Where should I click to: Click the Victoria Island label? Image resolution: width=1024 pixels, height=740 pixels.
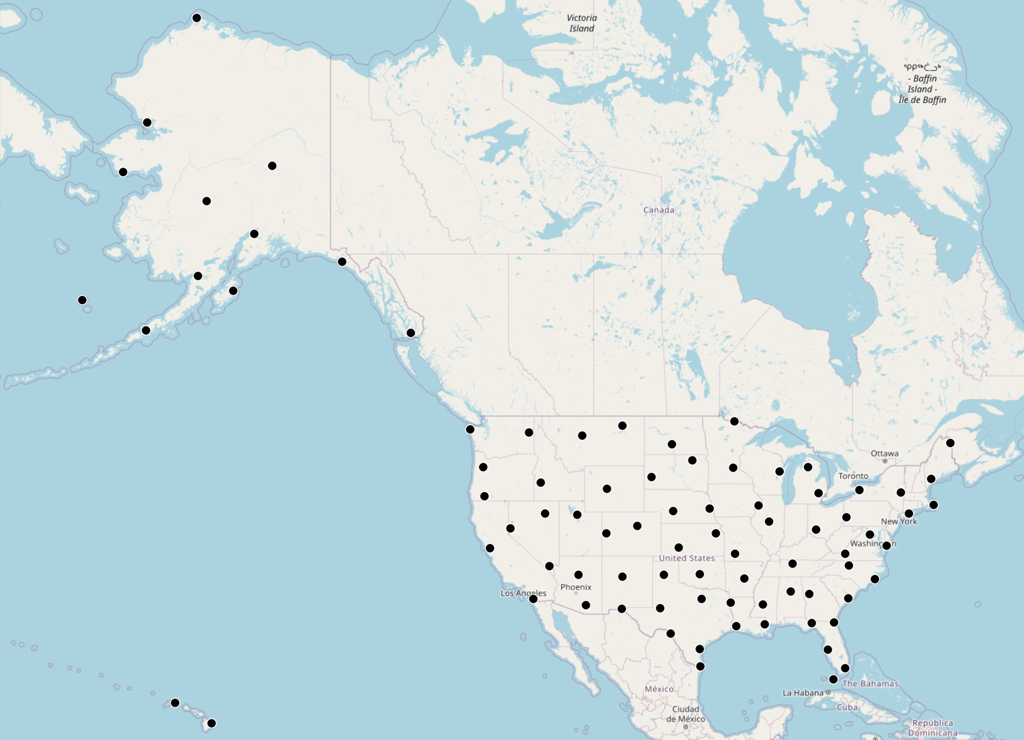582,23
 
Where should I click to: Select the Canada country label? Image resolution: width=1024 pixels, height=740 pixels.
658,210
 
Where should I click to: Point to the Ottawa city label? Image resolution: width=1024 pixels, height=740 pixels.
884,454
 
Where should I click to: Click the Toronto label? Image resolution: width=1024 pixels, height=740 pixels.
853,476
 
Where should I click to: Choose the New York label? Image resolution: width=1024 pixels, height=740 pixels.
898,522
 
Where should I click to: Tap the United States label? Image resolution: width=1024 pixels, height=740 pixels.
686,558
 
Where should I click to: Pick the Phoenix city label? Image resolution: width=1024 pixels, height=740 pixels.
575,587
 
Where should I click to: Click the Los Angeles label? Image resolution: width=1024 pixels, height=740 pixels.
523,593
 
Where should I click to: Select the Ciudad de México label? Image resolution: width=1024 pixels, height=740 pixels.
686,714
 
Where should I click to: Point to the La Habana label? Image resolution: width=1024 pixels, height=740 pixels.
802,693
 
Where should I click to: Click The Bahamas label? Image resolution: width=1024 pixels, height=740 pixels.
870,684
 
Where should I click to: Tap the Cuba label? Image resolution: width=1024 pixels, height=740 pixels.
847,707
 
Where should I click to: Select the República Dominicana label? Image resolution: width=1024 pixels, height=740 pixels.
932,728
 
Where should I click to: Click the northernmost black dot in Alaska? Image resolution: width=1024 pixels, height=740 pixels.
197,18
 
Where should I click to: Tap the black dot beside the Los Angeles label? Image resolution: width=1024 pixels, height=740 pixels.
533,599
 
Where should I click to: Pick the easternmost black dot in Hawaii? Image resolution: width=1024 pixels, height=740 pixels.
212,723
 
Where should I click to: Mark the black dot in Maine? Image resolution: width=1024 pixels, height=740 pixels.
950,443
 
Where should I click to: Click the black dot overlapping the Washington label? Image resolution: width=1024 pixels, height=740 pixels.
887,546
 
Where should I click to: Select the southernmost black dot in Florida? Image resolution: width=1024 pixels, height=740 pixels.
833,679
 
